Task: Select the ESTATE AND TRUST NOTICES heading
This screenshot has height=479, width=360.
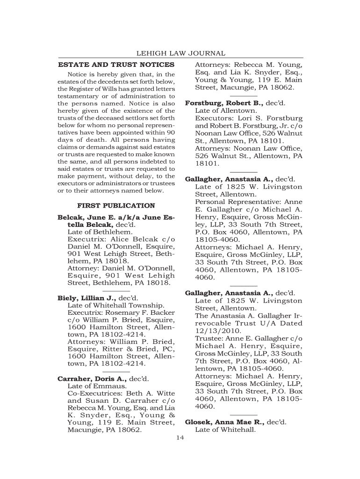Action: click(116, 65)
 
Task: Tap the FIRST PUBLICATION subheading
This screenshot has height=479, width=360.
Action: click(116, 205)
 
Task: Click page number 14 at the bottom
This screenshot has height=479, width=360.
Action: click(180, 437)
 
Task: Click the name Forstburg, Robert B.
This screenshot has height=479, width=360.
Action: click(224, 103)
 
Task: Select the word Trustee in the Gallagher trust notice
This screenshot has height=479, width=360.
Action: click(209, 338)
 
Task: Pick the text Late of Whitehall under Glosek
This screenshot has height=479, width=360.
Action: click(225, 429)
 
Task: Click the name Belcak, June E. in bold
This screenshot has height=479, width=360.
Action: click(83, 218)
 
